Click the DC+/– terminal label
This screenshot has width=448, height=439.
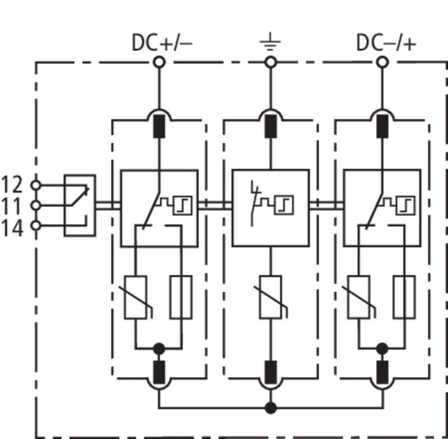(x=162, y=43)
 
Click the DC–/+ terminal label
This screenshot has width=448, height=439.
(x=386, y=43)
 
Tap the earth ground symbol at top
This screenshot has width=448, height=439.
(x=270, y=42)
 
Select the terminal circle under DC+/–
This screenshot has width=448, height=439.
(x=159, y=62)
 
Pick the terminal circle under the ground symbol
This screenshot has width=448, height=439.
(x=270, y=62)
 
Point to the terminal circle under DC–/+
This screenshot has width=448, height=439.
(x=382, y=62)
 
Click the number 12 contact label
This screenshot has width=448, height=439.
(x=12, y=185)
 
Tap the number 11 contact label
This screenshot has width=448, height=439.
(x=12, y=206)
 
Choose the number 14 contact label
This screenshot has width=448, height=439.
(x=12, y=228)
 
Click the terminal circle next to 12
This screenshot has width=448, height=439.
(x=36, y=185)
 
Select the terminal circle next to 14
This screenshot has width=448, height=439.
(x=36, y=226)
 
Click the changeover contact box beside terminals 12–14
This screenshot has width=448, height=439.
(x=80, y=206)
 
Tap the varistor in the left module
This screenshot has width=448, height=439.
(x=136, y=297)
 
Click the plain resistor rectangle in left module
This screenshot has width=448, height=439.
(x=181, y=297)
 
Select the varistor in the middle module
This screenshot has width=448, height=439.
(x=270, y=297)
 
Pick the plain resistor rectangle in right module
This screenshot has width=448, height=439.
(x=404, y=297)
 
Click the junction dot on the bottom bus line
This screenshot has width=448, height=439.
(x=270, y=408)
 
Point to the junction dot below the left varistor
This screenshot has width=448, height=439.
(x=159, y=349)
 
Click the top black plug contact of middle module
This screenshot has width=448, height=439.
(x=270, y=126)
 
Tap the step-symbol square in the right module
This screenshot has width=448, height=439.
(x=405, y=206)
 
